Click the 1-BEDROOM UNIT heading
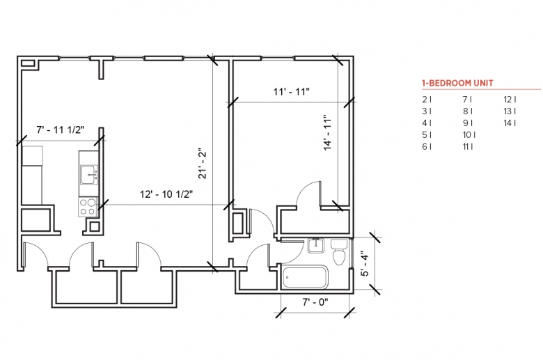[x=457, y=83]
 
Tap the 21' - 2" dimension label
[x=203, y=164]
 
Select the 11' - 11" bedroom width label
[x=291, y=92]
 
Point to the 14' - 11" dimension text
[x=328, y=133]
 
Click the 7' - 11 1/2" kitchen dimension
[x=61, y=130]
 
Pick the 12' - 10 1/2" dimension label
[x=166, y=194]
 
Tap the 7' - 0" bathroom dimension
[x=315, y=302]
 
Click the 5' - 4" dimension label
[x=365, y=264]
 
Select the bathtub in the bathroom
[x=305, y=277]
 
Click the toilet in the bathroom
[x=339, y=252]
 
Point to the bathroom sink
[x=315, y=246]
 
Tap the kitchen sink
[x=89, y=175]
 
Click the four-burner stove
[x=87, y=207]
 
